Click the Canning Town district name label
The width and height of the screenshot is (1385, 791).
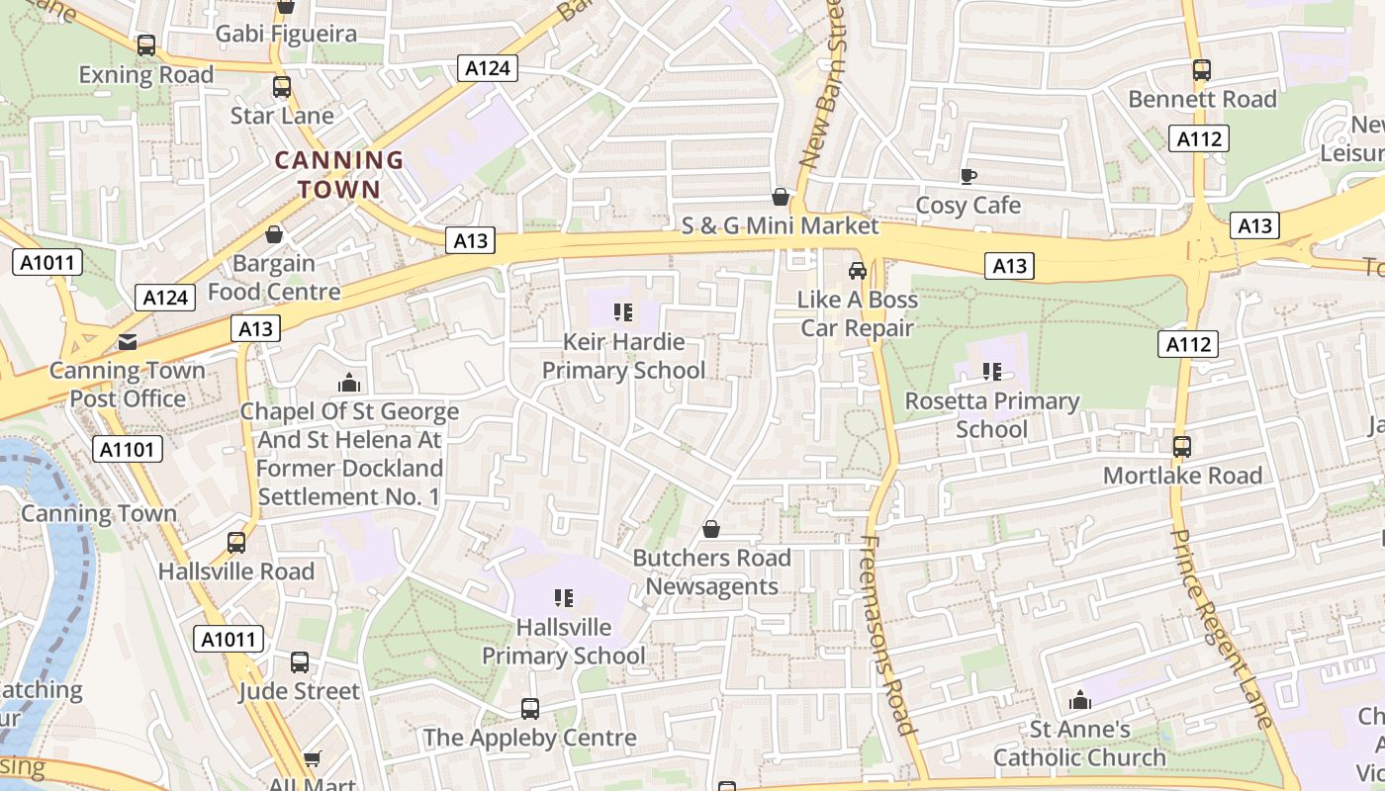[338, 174]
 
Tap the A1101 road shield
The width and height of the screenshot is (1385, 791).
[129, 450]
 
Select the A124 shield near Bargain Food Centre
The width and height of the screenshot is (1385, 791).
[165, 297]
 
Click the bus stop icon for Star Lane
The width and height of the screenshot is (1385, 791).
[282, 87]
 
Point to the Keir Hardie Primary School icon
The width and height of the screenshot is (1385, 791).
[623, 313]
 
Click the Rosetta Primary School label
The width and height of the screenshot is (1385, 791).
[991, 415]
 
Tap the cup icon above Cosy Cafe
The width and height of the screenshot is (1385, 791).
[969, 176]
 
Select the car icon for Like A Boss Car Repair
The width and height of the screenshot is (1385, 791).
[858, 270]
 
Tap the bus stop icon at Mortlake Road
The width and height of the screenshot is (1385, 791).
[1182, 446]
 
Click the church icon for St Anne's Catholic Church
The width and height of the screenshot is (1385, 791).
[1080, 701]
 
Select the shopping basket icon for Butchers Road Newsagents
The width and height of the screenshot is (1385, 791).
[710, 530]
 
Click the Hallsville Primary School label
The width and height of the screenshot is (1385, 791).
[564, 641]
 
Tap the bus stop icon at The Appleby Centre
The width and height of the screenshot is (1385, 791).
[530, 709]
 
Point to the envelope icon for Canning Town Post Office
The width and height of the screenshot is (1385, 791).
[128, 342]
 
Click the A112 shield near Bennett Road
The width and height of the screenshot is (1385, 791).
[1199, 138]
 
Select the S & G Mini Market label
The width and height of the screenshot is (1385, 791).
[780, 225]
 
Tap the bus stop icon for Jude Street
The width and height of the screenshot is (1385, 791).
[300, 661]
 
